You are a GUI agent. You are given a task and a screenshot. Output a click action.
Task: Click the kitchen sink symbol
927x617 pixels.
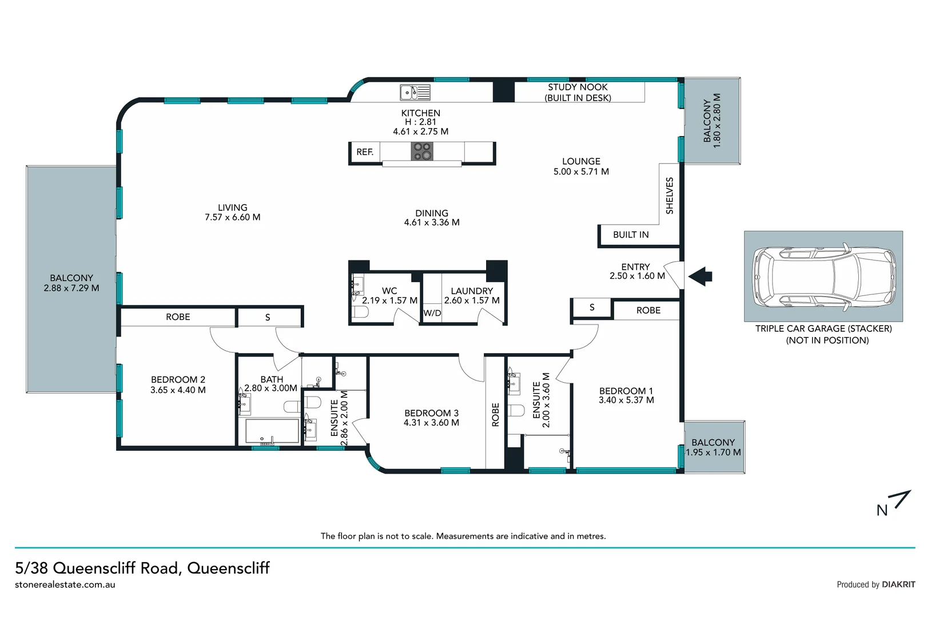[415, 93]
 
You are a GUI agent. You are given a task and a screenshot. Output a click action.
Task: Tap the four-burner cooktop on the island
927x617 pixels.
[422, 151]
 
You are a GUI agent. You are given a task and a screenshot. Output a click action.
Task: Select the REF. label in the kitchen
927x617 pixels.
[365, 152]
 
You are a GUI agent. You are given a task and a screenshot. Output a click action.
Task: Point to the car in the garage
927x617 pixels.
[823, 276]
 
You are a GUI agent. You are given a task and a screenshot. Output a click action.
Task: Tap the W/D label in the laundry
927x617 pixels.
[432, 313]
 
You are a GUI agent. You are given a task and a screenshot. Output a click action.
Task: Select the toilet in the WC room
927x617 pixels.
[360, 312]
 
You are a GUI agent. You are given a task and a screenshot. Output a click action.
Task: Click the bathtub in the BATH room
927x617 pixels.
[272, 431]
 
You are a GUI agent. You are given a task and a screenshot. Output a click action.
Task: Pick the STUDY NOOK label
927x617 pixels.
[578, 87]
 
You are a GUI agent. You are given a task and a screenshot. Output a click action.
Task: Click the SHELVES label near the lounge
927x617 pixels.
[670, 196]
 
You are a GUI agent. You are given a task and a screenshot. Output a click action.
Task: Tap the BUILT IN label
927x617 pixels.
[631, 235]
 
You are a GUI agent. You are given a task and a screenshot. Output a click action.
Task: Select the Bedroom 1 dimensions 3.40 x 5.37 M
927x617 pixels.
[626, 400]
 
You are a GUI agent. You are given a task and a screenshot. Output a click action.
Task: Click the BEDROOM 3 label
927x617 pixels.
[431, 413]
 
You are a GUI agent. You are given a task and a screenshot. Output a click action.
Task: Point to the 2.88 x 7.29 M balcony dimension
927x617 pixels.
[71, 289]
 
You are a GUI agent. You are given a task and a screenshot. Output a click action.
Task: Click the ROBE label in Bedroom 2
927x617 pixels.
[178, 317]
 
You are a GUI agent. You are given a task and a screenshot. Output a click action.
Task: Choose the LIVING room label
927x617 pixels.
[232, 208]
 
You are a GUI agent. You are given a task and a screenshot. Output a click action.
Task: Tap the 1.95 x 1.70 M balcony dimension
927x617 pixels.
[713, 452]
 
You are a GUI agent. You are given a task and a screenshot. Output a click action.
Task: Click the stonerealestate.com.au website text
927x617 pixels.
[65, 585]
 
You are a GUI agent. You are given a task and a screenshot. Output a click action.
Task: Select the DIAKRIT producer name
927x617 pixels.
[898, 584]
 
